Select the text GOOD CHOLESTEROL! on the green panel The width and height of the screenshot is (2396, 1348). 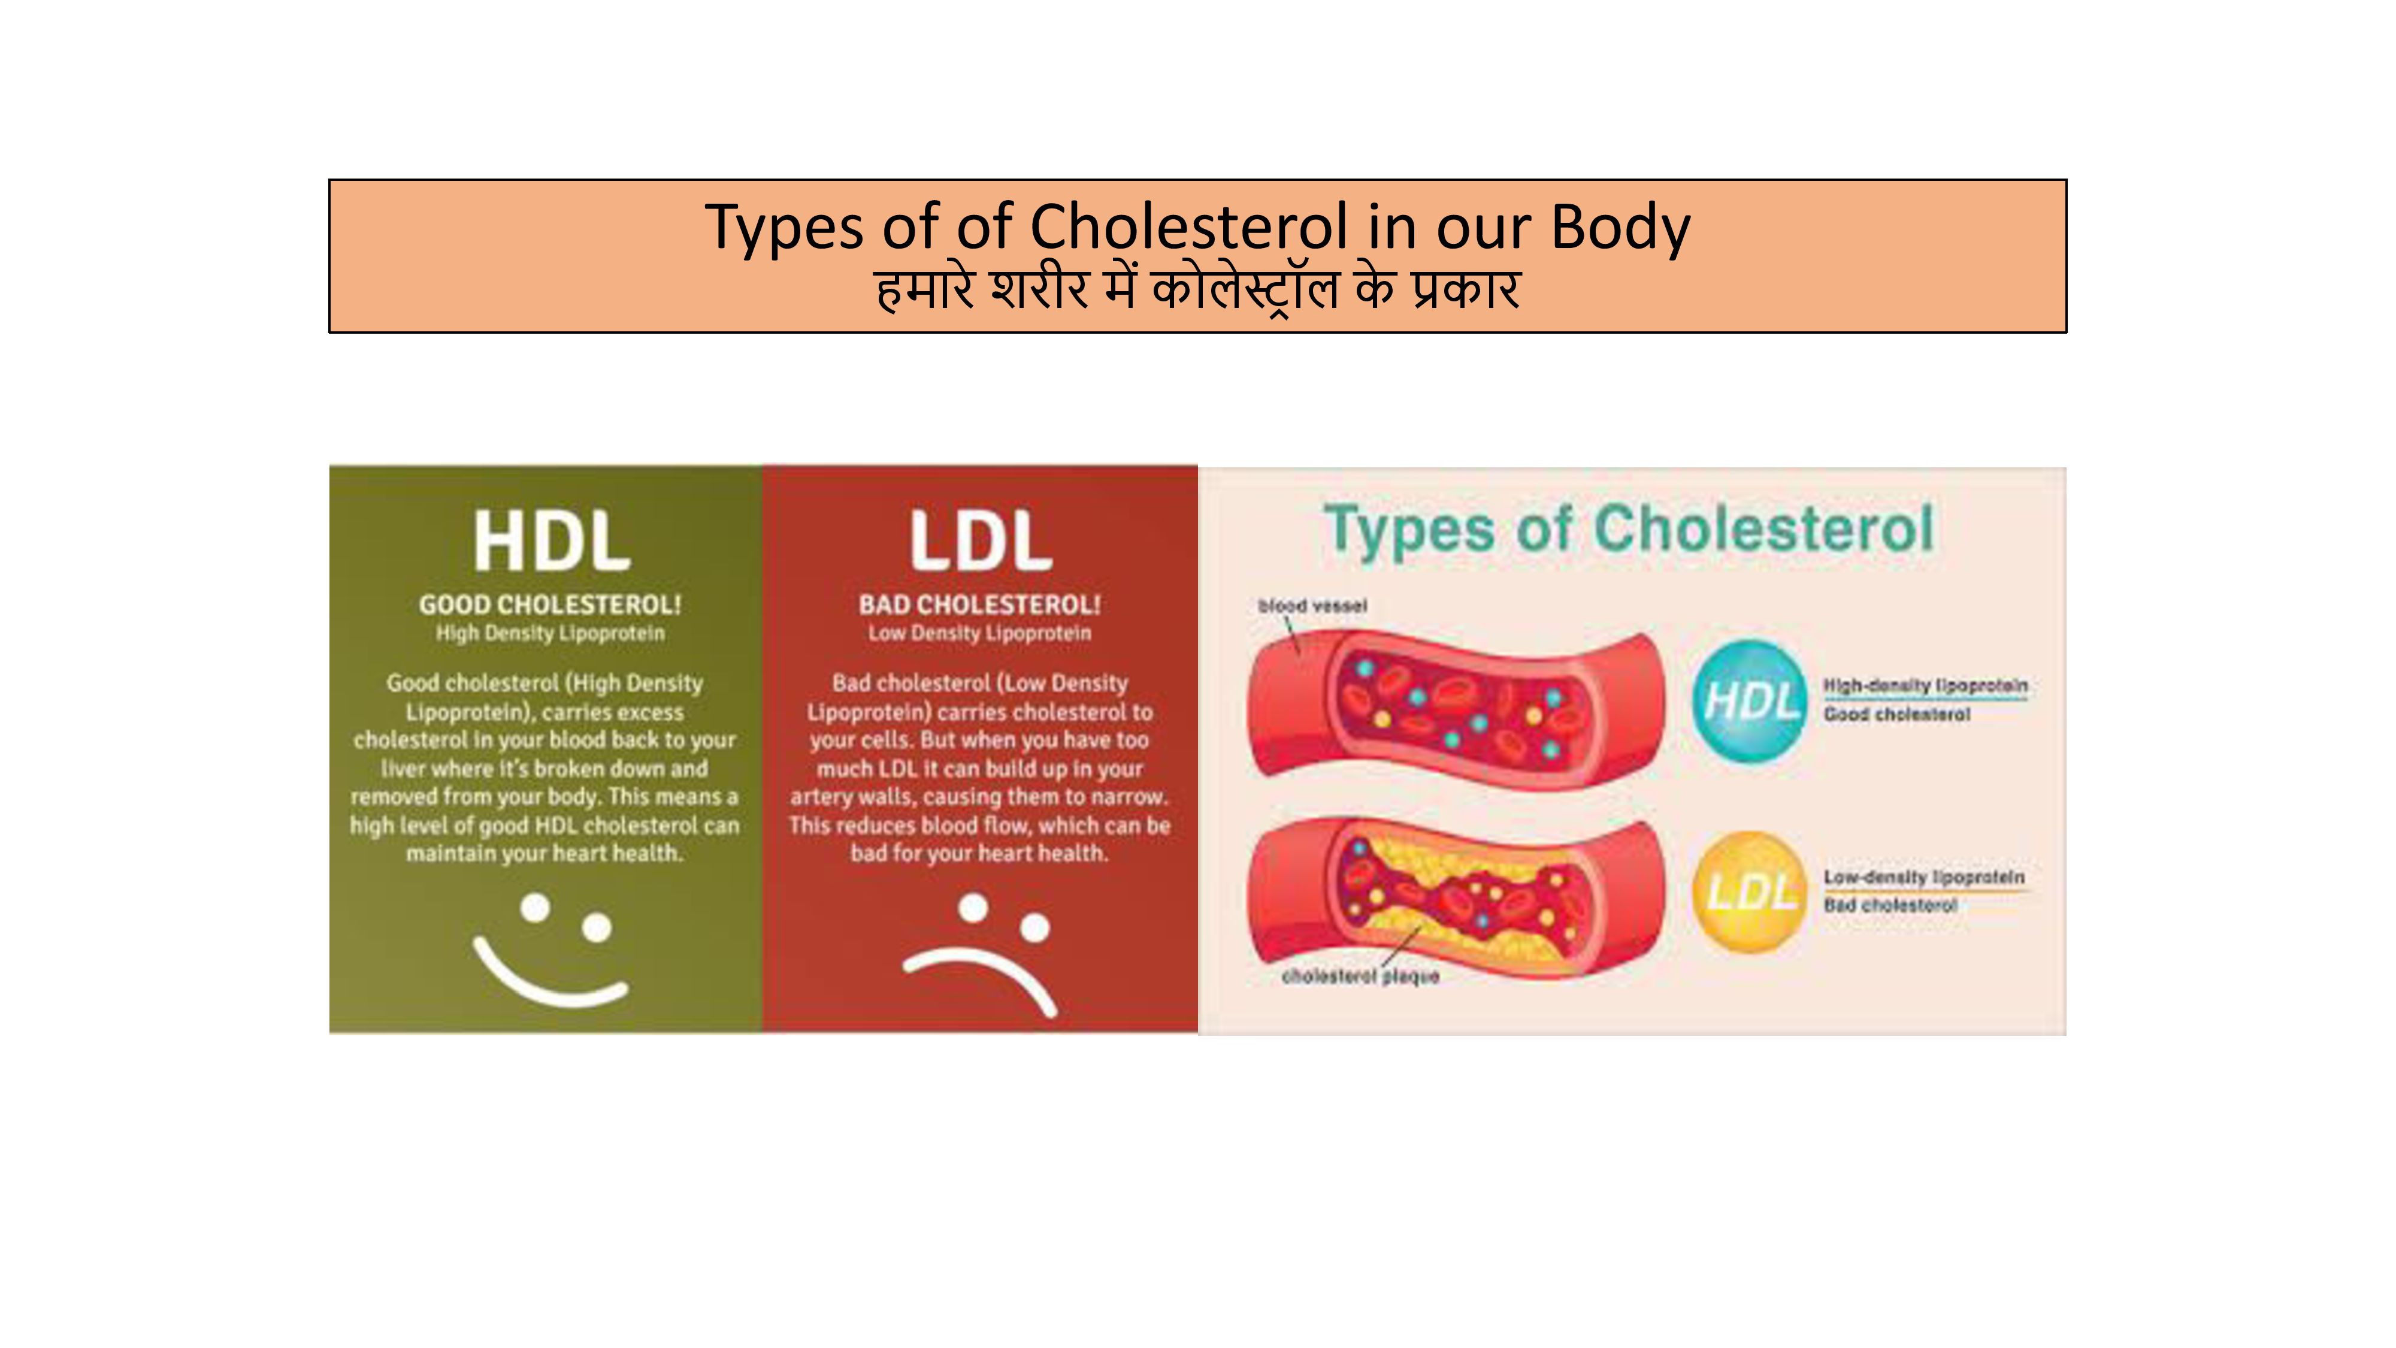tap(550, 605)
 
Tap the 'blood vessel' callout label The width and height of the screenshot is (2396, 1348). tap(1312, 606)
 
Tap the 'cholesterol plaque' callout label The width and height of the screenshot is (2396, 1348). tap(1360, 977)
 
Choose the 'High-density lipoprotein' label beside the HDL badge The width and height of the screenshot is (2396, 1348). tap(1925, 685)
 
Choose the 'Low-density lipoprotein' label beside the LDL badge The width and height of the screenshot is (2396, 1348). tap(1923, 877)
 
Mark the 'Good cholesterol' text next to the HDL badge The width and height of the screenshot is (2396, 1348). tap(1896, 715)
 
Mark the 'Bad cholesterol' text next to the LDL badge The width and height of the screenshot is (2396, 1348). tap(1890, 905)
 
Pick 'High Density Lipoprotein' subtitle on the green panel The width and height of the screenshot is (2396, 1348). tap(550, 633)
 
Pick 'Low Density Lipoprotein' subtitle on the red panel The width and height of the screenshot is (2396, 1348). tap(979, 633)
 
